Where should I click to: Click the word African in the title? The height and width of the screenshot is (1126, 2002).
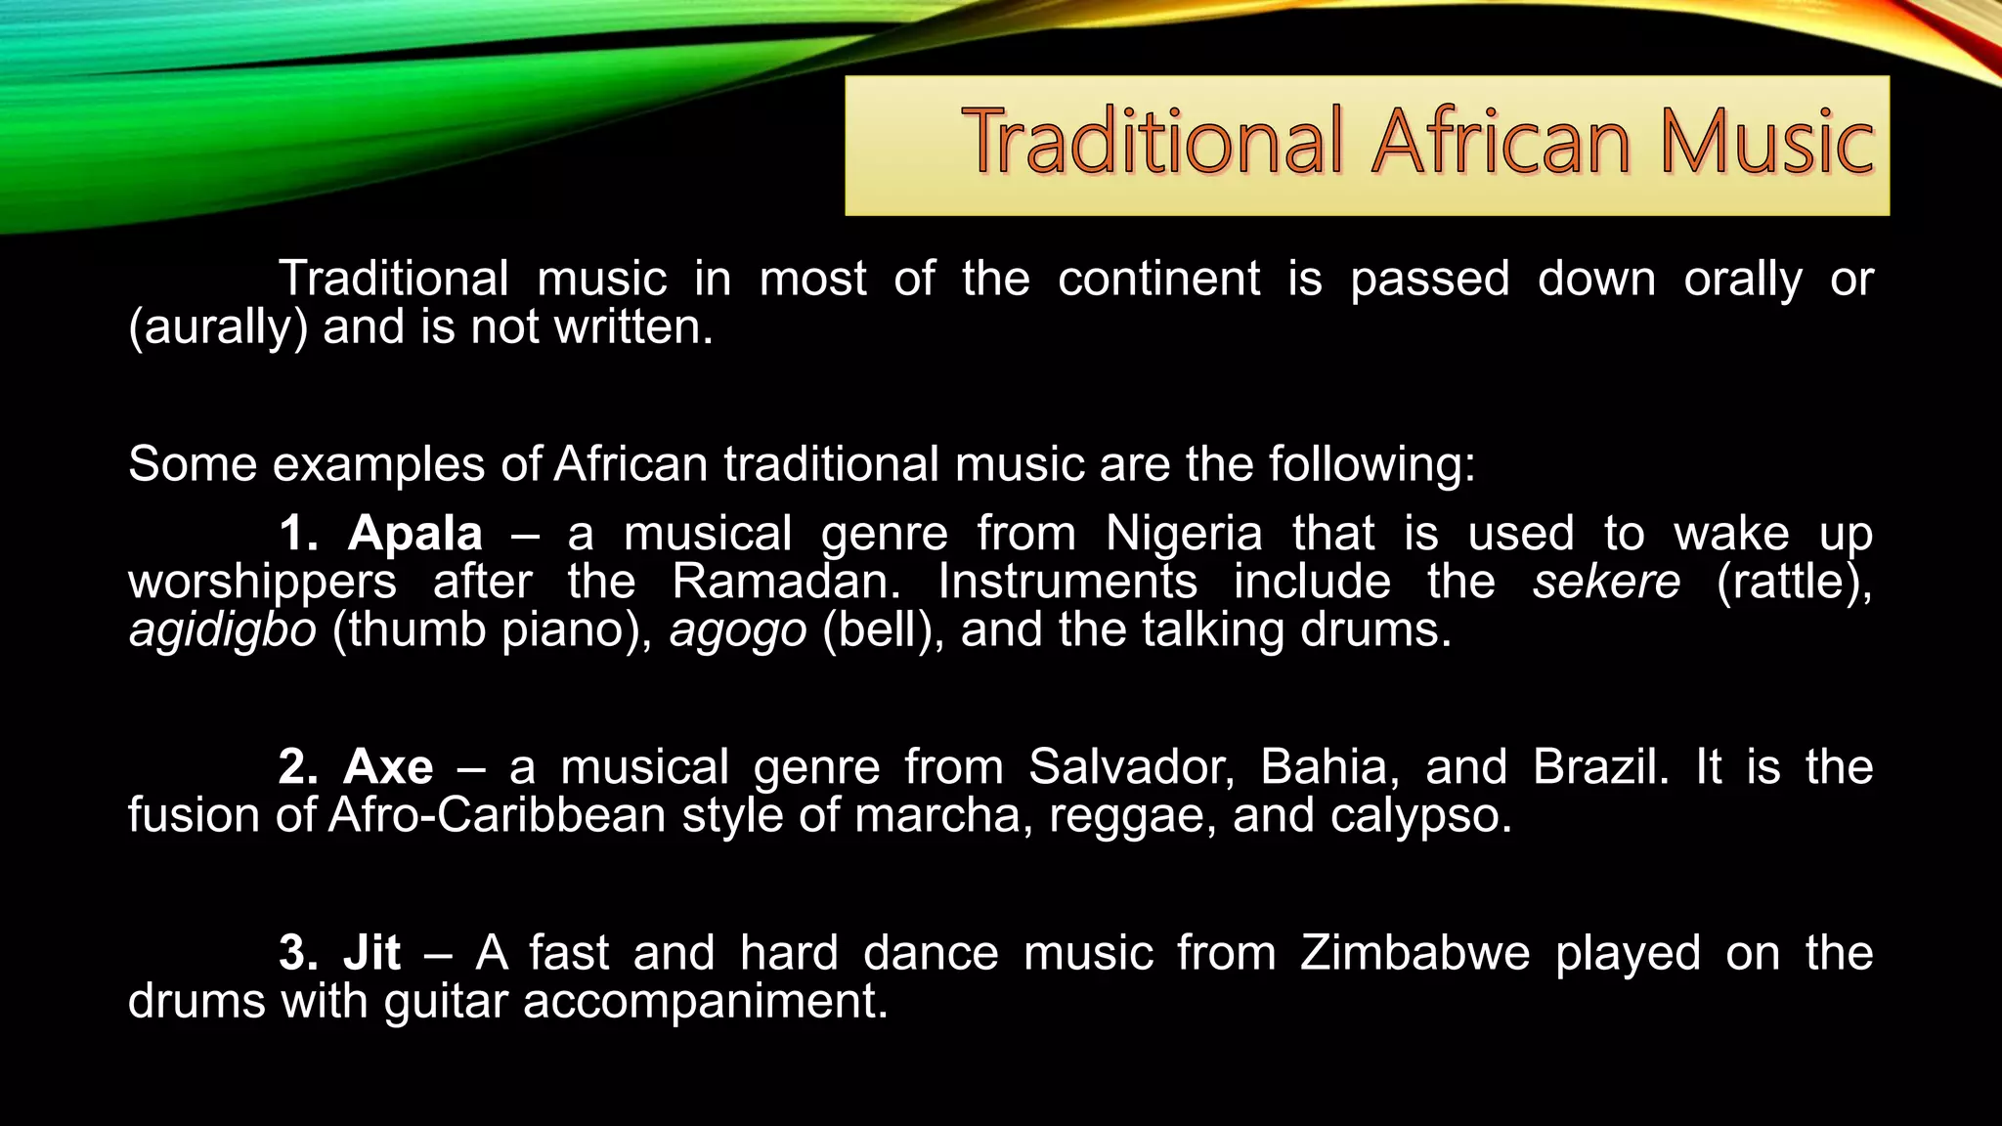pos(1501,143)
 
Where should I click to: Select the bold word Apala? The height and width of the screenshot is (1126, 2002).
pos(415,534)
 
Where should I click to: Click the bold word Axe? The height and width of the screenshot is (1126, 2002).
pos(388,767)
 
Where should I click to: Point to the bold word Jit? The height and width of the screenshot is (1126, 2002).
pos(372,953)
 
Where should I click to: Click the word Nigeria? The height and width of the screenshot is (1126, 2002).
pos(1184,534)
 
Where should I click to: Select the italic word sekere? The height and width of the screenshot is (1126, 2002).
pos(1606,582)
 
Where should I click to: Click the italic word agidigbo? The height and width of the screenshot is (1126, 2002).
pos(223,630)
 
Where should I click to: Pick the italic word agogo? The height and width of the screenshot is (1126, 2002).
pos(738,630)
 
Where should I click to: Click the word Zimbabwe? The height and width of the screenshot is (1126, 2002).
pos(1414,953)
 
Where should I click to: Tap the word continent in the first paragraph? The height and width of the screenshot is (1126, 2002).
pos(1159,280)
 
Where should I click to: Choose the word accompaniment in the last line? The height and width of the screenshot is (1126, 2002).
pos(706,1002)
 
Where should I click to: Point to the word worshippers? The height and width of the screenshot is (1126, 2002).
pos(262,583)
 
